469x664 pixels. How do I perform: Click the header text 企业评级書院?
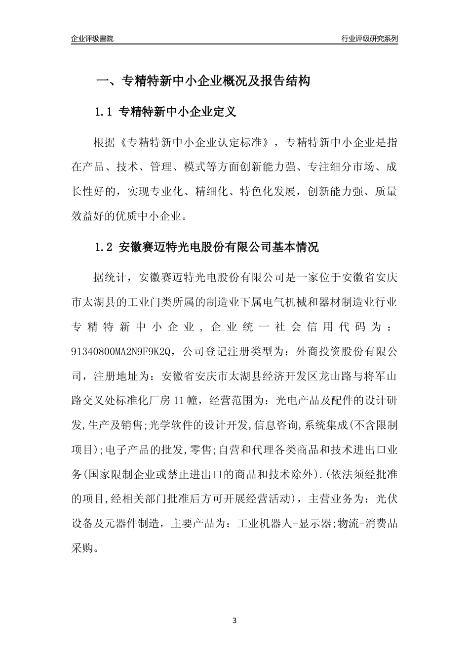[92, 39]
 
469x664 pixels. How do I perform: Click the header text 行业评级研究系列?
[369, 39]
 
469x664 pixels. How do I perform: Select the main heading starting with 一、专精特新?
[202, 81]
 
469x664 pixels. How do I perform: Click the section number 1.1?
[104, 112]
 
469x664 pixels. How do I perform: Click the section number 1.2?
[104, 247]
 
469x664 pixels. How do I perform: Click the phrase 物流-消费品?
[367, 523]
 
